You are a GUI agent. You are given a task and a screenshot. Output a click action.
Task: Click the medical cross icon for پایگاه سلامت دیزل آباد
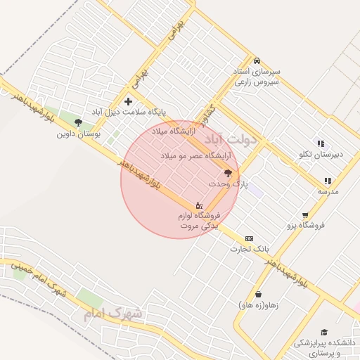[x=128, y=101]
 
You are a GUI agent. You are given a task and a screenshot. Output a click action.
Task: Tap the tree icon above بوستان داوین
[x=78, y=122]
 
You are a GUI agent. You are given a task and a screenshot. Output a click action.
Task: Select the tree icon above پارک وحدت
[x=228, y=172]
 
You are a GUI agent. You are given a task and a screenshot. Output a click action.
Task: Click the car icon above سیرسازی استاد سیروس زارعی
[x=257, y=60]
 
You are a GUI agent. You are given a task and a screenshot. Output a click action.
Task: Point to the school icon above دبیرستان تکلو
[x=321, y=143]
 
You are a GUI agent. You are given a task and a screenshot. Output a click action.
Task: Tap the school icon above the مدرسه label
[x=328, y=181]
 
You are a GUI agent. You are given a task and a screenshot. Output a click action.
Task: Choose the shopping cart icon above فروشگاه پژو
[x=305, y=215]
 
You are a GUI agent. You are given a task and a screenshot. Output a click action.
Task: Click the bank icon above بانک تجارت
[x=249, y=238]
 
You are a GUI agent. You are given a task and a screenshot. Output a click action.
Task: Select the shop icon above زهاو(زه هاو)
[x=259, y=295]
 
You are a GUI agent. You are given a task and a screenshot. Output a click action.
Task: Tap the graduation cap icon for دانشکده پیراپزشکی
[x=324, y=332]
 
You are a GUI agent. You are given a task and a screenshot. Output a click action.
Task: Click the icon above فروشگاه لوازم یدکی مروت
[x=200, y=205]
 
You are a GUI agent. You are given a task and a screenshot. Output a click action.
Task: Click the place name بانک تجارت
[x=250, y=249]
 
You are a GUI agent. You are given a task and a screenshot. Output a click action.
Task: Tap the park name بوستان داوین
[x=78, y=132]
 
